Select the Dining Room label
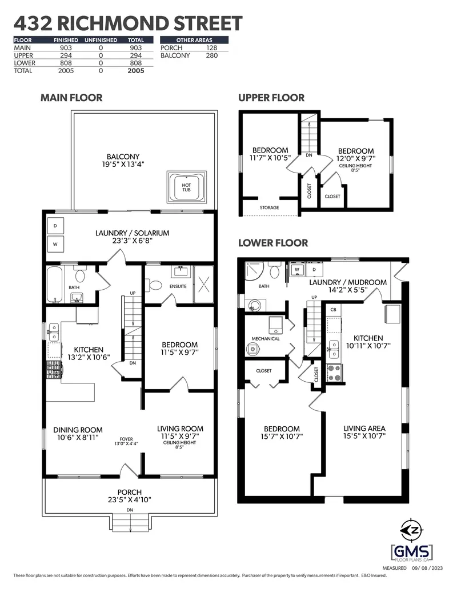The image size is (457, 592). tap(78, 430)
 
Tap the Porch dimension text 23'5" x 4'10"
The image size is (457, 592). tap(130, 501)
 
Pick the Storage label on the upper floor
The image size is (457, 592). tap(269, 207)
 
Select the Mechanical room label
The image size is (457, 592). tap(266, 338)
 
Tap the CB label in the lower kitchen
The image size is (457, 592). tap(333, 310)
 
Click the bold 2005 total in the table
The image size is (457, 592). tap(136, 71)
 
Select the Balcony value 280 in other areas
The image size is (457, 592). tap(211, 56)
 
